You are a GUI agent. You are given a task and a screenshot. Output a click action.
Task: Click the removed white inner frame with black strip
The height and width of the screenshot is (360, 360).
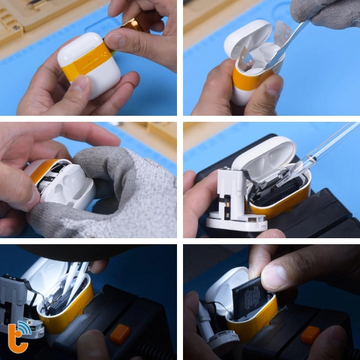(x=232, y=198)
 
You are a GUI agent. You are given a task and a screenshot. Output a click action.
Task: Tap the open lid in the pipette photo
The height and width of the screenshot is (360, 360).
(x=267, y=156)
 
